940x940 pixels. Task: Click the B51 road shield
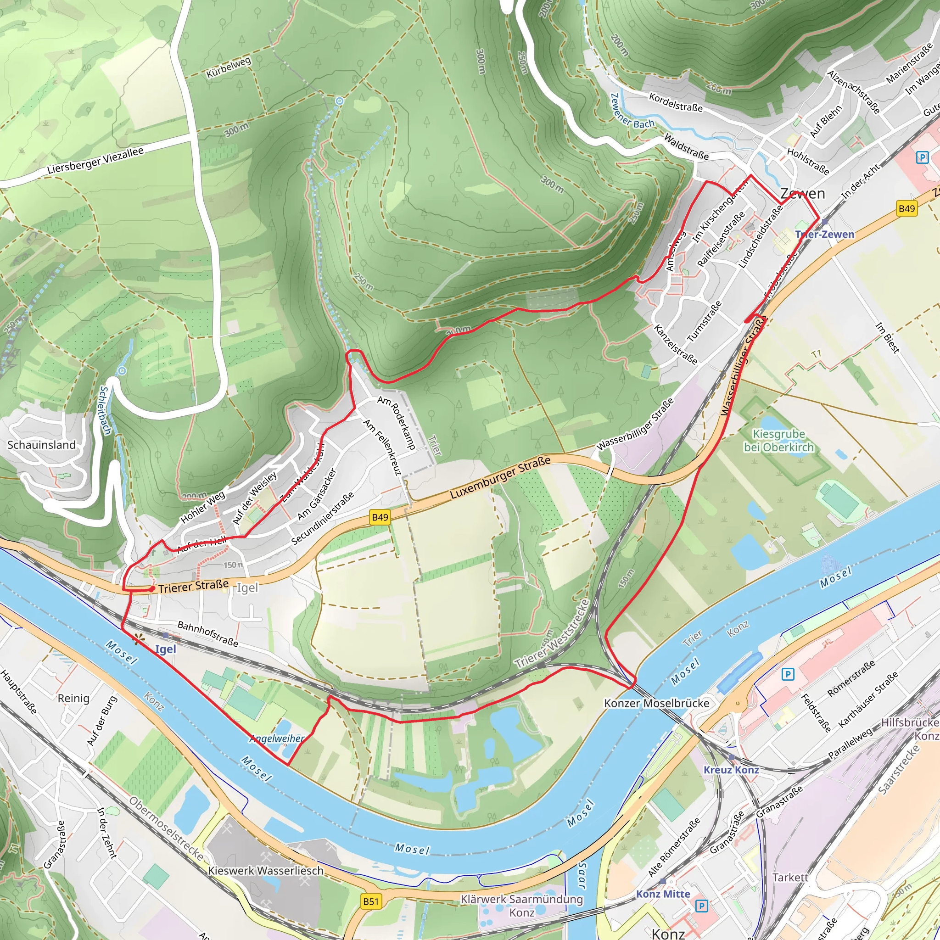click(x=371, y=901)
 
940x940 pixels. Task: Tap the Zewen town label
click(x=803, y=194)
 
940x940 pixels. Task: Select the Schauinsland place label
click(x=41, y=445)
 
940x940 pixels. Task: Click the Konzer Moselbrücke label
click(x=656, y=703)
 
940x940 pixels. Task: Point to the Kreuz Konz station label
click(x=731, y=770)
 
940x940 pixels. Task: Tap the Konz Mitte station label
click(x=663, y=894)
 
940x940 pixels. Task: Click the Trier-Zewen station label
click(x=825, y=234)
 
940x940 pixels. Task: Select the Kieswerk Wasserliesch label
click(x=266, y=870)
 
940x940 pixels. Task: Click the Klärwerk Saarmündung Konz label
click(x=522, y=906)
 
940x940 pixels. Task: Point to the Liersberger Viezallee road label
click(x=95, y=161)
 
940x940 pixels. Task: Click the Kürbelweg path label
click(x=229, y=67)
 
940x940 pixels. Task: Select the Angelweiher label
click(x=277, y=739)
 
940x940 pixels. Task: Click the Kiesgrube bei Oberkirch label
click(x=778, y=440)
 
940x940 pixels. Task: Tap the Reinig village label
click(x=73, y=698)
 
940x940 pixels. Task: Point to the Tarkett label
click(x=790, y=877)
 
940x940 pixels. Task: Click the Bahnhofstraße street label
click(x=208, y=633)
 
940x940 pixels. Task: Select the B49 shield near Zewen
click(x=906, y=209)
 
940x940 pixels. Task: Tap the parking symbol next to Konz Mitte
click(x=701, y=906)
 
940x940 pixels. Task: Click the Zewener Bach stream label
click(x=632, y=112)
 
